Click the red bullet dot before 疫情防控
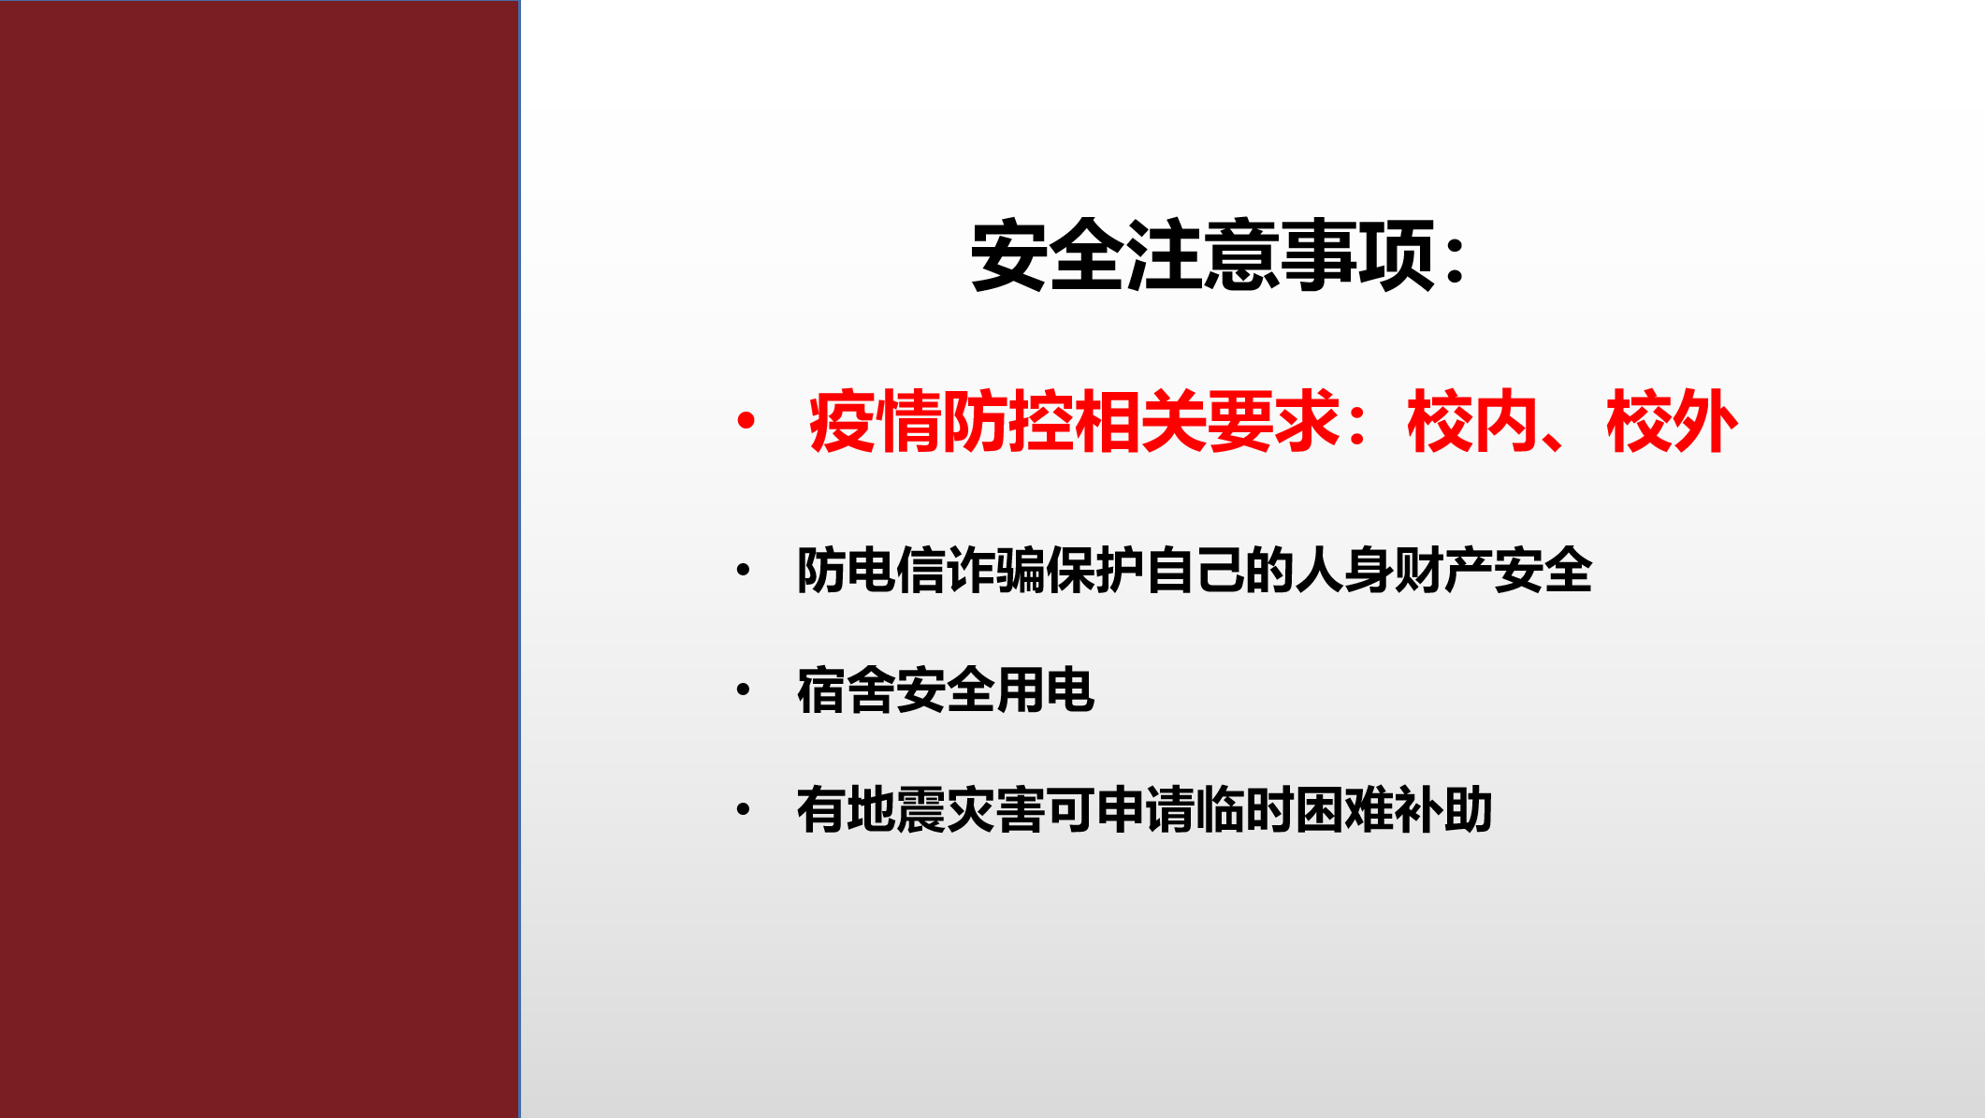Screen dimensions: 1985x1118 746,421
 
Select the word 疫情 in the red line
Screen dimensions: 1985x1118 874,422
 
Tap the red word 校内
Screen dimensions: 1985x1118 1472,422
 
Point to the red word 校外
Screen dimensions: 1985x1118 1672,422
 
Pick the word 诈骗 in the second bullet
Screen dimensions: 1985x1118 995,570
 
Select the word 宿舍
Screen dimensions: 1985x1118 846,690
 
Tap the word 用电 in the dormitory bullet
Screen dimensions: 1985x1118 1045,690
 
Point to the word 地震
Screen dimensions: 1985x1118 895,809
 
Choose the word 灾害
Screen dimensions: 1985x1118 995,809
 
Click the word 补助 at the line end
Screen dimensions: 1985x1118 1442,809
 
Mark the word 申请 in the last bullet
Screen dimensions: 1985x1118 1144,809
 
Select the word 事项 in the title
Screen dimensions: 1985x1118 1357,254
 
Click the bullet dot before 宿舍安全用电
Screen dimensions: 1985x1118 744,690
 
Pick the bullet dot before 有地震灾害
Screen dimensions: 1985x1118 744,809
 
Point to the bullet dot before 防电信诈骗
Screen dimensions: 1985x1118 744,570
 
